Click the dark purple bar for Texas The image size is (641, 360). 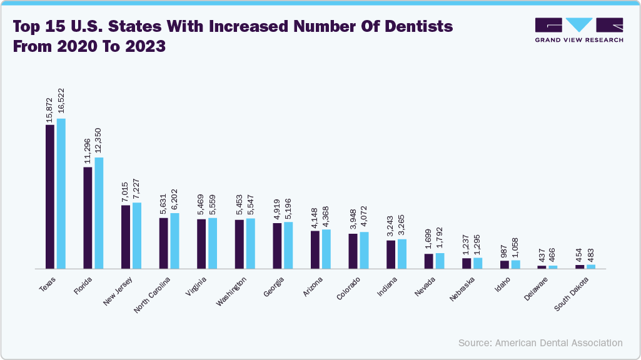pyautogui.click(x=50, y=196)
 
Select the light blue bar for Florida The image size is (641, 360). pyautogui.click(x=99, y=212)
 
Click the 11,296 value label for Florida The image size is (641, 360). pyautogui.click(x=88, y=151)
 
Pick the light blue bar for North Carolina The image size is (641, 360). pyautogui.click(x=175, y=241)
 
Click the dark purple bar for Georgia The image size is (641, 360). pyautogui.click(x=277, y=245)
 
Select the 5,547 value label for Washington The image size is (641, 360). pyautogui.click(x=251, y=204)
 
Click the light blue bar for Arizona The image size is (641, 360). pyautogui.click(x=326, y=249)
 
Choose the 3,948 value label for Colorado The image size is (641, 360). pyautogui.click(x=353, y=221)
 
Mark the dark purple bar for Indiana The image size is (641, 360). pyautogui.click(x=391, y=254)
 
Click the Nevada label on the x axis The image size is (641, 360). pyautogui.click(x=425, y=286)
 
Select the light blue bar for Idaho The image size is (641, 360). pyautogui.click(x=515, y=264)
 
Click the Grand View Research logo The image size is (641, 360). pyautogui.click(x=578, y=29)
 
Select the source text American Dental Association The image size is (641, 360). pyautogui.click(x=558, y=342)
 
